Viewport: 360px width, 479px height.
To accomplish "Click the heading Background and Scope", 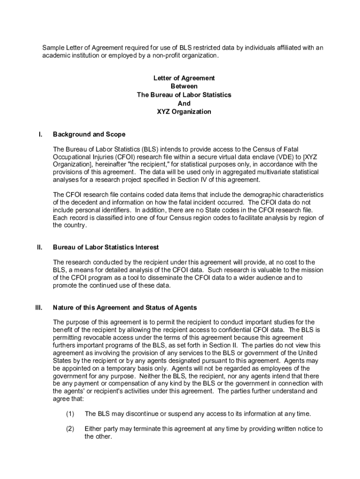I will pyautogui.click(x=89, y=134).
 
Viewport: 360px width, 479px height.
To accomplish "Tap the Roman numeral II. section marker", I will pyautogui.click(x=40, y=247).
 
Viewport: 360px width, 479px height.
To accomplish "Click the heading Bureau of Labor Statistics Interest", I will pyautogui.click(x=106, y=247).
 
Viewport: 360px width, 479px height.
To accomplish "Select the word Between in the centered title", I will pyautogui.click(x=184, y=87).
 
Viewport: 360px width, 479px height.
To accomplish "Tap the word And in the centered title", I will pyautogui.click(x=184, y=103).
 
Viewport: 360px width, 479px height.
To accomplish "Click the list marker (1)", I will pyautogui.click(x=70, y=414).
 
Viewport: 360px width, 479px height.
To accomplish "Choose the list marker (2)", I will pyautogui.click(x=70, y=429).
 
